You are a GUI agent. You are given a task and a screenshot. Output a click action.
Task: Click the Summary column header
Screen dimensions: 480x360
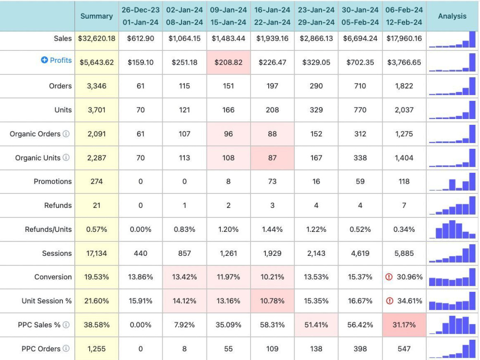(96, 16)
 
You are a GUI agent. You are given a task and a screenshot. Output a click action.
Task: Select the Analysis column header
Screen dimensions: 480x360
(452, 16)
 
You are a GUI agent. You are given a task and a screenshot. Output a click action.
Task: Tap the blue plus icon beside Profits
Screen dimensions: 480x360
(44, 60)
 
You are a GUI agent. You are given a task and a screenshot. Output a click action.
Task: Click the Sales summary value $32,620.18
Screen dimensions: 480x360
(97, 38)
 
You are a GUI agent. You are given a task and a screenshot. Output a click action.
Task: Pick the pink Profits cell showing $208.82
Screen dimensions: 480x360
(228, 62)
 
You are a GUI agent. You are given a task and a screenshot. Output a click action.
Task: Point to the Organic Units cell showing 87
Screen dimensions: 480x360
(272, 158)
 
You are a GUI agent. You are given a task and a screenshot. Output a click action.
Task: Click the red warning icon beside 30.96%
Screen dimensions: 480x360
(389, 277)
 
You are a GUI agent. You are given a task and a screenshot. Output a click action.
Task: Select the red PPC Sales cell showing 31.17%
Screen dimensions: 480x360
(404, 325)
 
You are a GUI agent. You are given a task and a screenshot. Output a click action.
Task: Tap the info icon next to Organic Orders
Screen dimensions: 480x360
(66, 134)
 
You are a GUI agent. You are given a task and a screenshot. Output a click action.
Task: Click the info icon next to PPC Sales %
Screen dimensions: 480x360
(66, 325)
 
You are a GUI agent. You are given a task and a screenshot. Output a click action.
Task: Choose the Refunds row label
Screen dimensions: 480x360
(58, 205)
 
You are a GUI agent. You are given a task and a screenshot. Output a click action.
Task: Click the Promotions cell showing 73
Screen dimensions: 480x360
(272, 181)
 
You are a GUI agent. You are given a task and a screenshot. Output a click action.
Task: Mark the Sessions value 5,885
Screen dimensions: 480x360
(404, 253)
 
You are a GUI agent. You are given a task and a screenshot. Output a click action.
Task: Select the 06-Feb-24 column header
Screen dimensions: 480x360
(404, 16)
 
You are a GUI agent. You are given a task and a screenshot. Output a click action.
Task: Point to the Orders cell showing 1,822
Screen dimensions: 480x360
(404, 86)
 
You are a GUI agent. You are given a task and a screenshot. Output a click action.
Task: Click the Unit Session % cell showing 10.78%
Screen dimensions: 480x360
(272, 301)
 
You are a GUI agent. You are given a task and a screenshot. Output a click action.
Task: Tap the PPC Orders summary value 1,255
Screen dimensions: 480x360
(96, 348)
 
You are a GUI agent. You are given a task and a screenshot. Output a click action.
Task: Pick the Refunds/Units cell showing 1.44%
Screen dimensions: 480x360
(272, 229)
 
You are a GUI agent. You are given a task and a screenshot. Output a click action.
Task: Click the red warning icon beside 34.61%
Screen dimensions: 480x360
(389, 301)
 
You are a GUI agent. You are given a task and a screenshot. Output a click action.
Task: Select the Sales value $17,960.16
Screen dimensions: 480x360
(404, 38)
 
